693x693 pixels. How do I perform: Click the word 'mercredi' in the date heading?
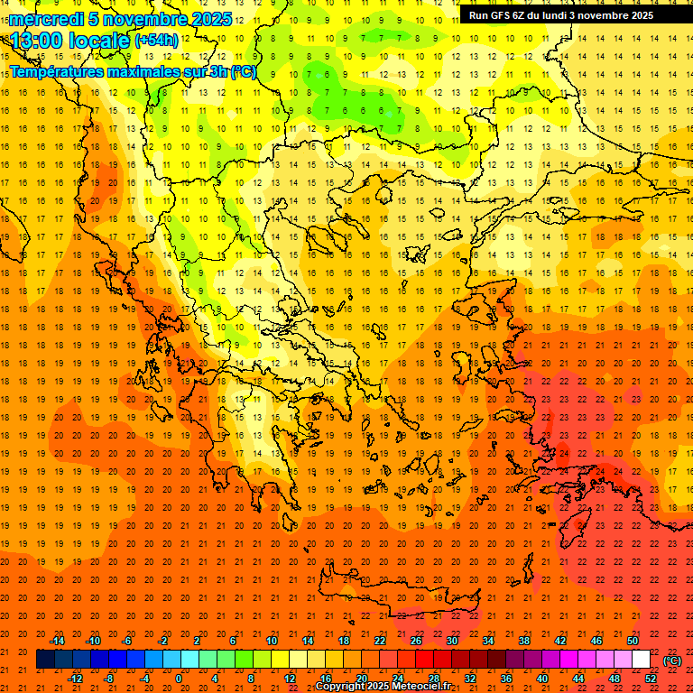click(42, 19)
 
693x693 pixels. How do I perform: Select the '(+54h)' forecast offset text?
click(156, 41)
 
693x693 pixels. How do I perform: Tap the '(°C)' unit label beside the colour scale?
click(671, 661)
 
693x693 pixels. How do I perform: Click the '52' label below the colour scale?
click(651, 679)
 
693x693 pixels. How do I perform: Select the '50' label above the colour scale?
click(633, 641)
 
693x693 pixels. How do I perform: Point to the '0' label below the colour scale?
click(179, 679)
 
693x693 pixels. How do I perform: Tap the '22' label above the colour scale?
click(380, 641)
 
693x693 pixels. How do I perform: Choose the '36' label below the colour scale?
click(506, 679)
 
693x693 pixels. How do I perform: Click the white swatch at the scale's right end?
click(642, 660)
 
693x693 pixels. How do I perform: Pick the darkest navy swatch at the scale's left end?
click(45, 660)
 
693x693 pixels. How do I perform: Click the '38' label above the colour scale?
click(524, 641)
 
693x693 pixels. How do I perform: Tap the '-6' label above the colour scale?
click(127, 641)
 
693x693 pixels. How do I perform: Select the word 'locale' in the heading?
click(98, 41)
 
